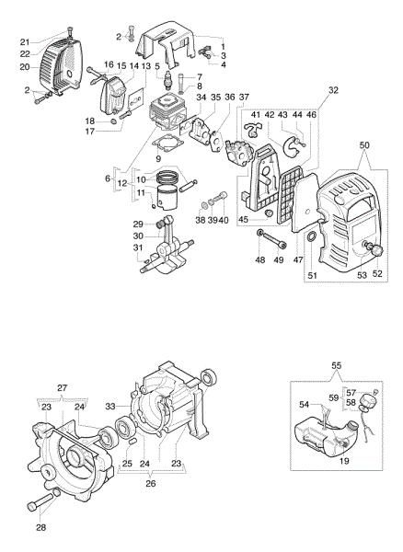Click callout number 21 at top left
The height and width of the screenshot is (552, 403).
click(26, 42)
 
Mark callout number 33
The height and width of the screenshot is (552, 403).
click(111, 405)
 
